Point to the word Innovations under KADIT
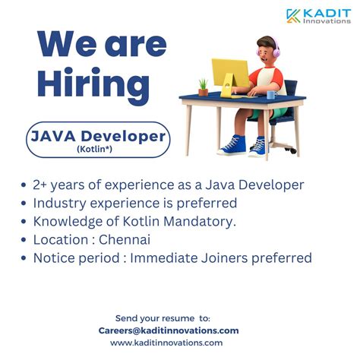pyautogui.click(x=325, y=21)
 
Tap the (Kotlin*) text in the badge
pyautogui.click(x=97, y=149)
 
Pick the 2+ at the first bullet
pyautogui.click(x=41, y=185)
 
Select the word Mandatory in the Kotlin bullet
pyautogui.click(x=201, y=222)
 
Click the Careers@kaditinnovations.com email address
pyautogui.click(x=169, y=330)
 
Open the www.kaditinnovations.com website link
pyautogui.click(x=166, y=343)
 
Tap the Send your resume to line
pyautogui.click(x=163, y=317)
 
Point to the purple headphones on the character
pyautogui.click(x=275, y=51)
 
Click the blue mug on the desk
pyautogui.click(x=271, y=94)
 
